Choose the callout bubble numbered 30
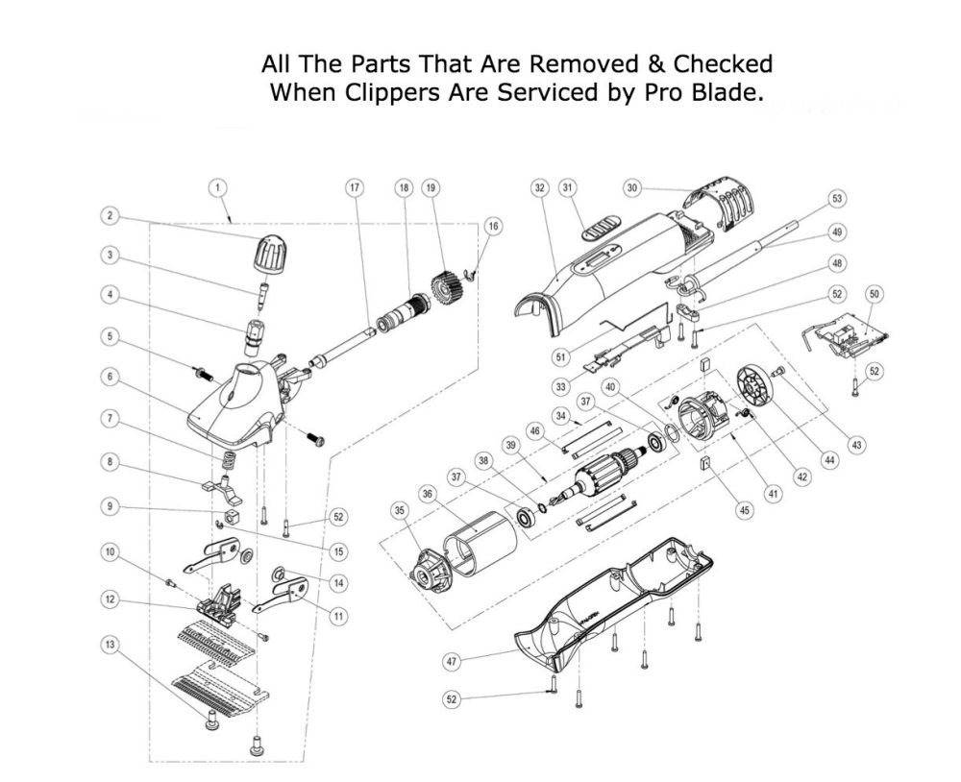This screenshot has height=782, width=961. [631, 188]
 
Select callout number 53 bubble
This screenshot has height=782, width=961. [837, 199]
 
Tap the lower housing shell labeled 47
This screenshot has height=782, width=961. [615, 615]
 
